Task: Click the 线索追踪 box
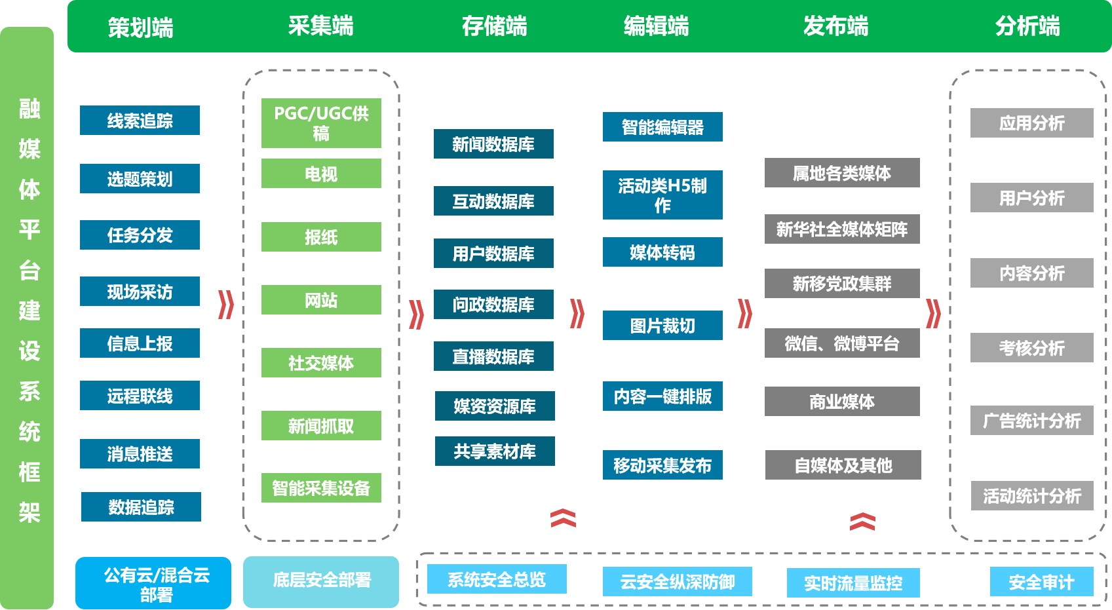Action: pos(140,121)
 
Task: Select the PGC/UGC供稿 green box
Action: pos(321,123)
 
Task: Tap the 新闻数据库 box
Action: pos(493,144)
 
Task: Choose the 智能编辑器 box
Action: pos(662,127)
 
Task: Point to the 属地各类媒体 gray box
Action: pos(842,173)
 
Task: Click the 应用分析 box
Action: pos(1031,123)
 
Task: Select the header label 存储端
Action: pos(494,26)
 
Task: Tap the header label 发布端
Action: pos(835,26)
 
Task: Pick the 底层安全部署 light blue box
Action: pos(321,581)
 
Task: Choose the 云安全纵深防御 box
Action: pos(677,582)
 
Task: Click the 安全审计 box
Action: pos(1041,582)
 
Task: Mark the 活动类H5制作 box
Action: pos(662,195)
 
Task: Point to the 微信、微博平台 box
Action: pos(842,343)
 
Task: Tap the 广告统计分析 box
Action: pos(1031,421)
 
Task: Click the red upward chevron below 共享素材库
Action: pos(563,518)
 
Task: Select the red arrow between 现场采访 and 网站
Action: pos(226,305)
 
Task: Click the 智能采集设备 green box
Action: pos(321,488)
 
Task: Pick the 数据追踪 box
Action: pos(141,507)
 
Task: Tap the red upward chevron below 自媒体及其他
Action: pos(862,522)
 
